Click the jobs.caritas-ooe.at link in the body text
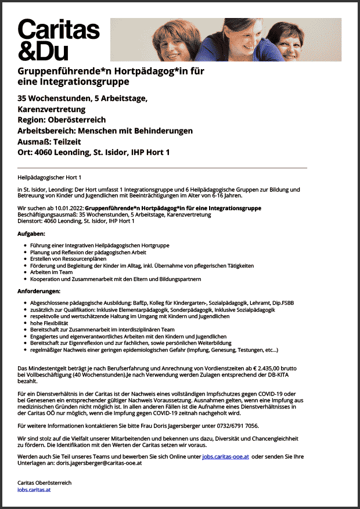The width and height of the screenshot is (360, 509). pos(225,457)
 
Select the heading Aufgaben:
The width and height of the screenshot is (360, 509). pos(31,233)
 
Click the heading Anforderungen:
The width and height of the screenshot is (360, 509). pos(39,290)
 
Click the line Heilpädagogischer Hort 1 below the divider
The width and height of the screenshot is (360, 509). pos(49,176)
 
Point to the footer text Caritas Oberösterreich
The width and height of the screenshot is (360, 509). pos(45,483)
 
